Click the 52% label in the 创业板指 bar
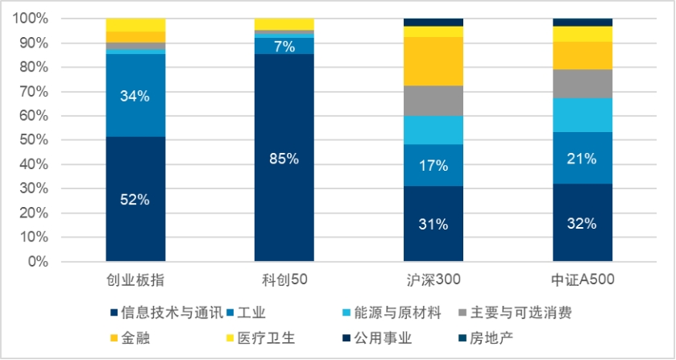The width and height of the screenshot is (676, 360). coord(135,200)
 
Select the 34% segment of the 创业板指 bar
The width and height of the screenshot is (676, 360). coord(135,95)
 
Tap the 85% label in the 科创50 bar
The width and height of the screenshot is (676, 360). coord(284,159)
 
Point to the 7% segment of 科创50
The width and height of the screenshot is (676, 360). coord(284,46)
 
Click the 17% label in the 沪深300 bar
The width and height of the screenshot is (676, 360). coord(433,166)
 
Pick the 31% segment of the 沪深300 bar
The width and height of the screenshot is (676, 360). coord(433,224)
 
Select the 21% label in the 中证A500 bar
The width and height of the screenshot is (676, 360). coord(582,159)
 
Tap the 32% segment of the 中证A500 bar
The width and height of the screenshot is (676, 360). coord(583,222)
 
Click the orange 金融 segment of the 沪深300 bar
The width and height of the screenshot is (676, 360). coord(433,61)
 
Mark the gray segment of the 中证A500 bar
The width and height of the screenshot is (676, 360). coord(583,84)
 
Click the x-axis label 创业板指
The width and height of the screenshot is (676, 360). coord(135,280)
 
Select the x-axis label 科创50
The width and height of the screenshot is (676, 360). coord(284,279)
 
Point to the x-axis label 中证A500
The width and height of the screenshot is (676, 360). coord(583,279)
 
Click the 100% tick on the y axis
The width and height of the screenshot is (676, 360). coord(31,19)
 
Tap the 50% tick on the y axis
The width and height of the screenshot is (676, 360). coord(34,140)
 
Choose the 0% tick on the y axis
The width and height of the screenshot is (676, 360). coord(38,261)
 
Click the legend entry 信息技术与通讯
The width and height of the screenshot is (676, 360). coord(168,312)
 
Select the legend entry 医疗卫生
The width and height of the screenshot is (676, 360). coord(261,337)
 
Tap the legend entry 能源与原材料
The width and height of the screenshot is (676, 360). coord(392,312)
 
